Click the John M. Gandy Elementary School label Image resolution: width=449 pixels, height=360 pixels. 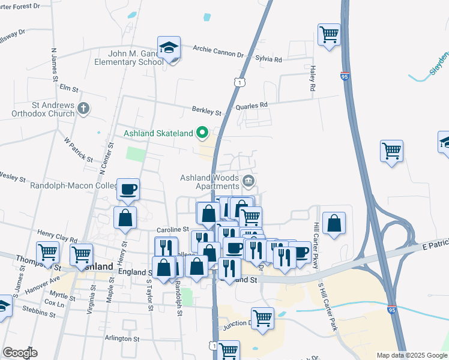click(x=127, y=57)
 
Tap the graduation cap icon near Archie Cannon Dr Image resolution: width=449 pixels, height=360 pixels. click(x=169, y=47)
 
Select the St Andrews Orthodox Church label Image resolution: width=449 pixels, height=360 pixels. click(x=51, y=110)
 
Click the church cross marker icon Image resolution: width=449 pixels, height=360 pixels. click(x=83, y=109)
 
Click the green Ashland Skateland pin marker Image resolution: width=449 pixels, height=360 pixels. click(x=203, y=133)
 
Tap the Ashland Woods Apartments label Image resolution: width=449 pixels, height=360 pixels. click(x=210, y=182)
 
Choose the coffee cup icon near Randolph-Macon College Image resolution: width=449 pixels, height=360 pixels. click(x=128, y=190)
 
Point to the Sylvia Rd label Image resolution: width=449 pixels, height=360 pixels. click(x=269, y=59)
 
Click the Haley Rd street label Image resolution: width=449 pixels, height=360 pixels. click(x=313, y=79)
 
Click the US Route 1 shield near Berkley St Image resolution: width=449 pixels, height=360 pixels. click(x=240, y=82)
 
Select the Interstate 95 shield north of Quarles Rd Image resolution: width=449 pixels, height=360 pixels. click(x=345, y=77)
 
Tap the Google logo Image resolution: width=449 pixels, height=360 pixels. click(x=20, y=353)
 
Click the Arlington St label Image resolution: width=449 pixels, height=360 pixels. click(x=122, y=339)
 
